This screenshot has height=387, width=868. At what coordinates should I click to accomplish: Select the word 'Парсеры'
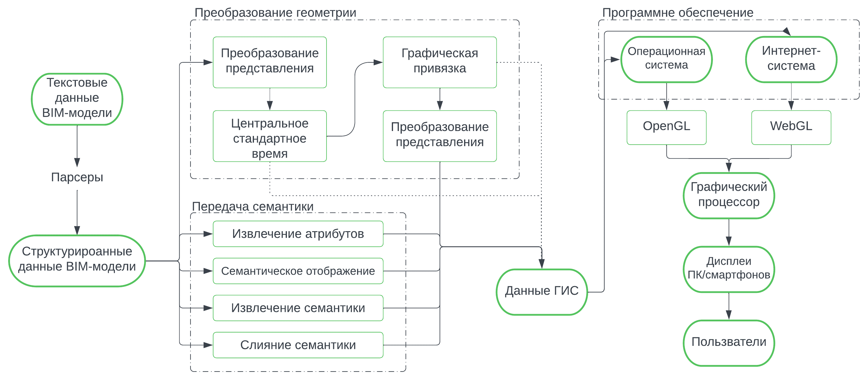[77, 177]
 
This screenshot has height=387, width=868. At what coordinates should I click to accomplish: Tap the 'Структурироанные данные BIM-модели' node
[77, 261]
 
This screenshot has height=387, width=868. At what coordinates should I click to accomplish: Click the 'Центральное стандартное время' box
[270, 136]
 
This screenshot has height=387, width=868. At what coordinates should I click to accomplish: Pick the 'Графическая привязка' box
[439, 62]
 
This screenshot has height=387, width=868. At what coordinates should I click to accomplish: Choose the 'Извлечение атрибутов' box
[298, 234]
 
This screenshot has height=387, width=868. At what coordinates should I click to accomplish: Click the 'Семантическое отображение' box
[298, 271]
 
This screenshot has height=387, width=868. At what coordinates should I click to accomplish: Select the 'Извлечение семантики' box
[298, 308]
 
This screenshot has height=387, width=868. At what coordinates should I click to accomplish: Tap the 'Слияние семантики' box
[298, 345]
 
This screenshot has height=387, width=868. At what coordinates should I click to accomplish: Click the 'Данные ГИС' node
[541, 292]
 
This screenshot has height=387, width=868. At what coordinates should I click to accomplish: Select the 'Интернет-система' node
[791, 59]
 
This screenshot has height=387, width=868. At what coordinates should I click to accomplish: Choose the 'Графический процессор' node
[729, 195]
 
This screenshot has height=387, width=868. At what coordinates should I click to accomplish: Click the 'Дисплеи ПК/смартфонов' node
[729, 269]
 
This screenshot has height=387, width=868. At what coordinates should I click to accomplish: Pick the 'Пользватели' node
[729, 343]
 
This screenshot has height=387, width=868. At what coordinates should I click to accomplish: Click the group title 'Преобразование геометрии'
[275, 13]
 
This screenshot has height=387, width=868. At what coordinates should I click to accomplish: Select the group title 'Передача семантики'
[252, 206]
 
